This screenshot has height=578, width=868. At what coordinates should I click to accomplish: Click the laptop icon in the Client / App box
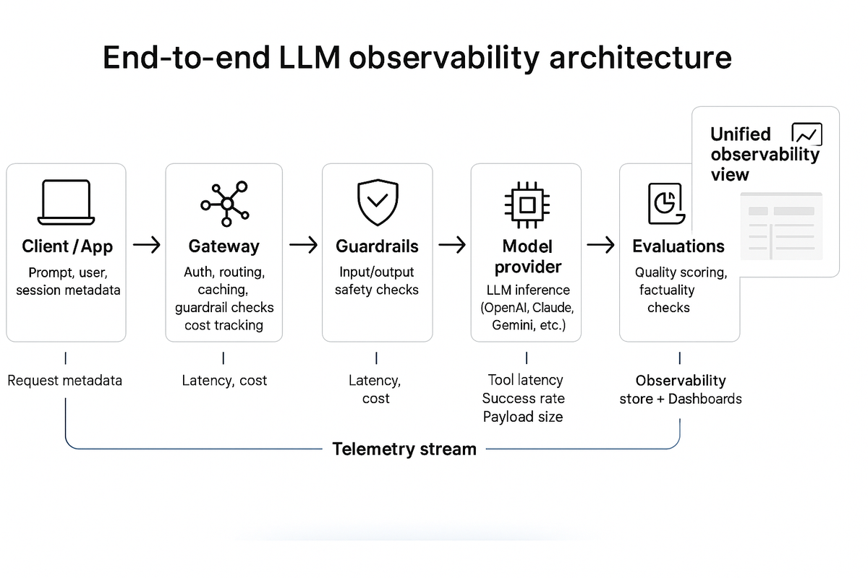65,202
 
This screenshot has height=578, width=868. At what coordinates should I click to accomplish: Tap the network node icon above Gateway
224,204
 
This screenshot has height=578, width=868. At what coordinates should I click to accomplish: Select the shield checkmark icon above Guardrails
378,203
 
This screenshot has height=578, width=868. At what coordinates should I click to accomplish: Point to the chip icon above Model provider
526,204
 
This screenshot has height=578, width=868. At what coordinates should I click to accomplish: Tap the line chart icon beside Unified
807,134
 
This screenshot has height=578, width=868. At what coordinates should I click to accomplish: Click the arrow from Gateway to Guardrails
303,246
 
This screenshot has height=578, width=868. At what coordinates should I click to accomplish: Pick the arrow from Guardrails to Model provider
452,246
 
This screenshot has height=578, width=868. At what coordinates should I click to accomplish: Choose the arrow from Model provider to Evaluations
600,246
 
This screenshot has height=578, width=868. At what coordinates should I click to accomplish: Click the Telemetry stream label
404,449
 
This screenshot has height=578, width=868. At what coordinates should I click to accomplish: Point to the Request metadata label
65,380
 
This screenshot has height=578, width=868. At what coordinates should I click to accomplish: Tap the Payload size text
523,417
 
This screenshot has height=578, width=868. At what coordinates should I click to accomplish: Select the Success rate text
523,398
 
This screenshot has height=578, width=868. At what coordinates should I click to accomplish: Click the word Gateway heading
224,246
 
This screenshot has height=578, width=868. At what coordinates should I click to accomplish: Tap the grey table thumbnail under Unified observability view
780,225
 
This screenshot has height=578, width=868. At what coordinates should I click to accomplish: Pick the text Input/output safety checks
377,281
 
